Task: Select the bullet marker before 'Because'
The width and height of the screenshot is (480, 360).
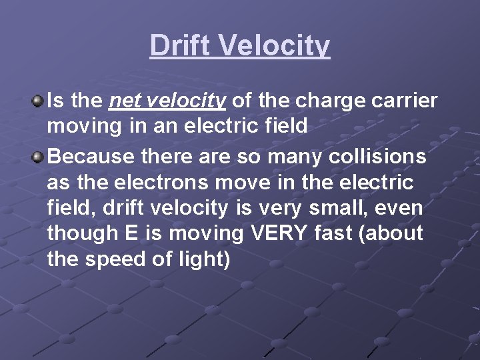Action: pos(39,157)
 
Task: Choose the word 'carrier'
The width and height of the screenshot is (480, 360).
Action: pos(407,101)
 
